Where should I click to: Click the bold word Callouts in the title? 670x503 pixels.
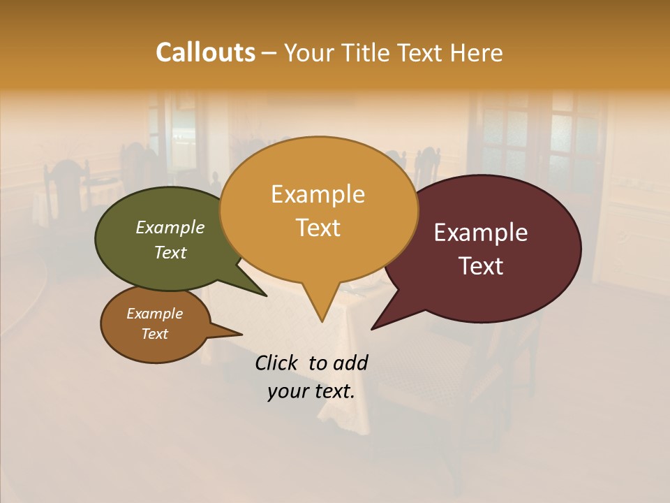205,52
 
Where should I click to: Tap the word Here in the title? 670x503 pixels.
475,53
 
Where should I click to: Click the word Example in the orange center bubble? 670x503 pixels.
318,194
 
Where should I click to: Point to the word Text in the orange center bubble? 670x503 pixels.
318,228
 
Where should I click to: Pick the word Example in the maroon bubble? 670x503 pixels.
481,233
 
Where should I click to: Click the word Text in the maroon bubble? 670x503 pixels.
481,266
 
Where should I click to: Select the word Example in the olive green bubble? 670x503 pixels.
170,228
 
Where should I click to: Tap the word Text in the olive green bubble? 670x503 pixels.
170,252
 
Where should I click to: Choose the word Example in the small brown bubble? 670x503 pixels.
154,314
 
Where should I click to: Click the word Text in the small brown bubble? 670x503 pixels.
154,334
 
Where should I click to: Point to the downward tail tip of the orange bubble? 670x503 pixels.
322,321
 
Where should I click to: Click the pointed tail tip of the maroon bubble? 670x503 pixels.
372,328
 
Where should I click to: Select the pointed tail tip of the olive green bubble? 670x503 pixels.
266,296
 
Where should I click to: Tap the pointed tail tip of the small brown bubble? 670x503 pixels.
241,334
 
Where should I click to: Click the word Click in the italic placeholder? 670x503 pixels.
277,363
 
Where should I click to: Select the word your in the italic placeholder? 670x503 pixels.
288,391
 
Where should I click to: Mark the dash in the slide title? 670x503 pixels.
270,53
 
